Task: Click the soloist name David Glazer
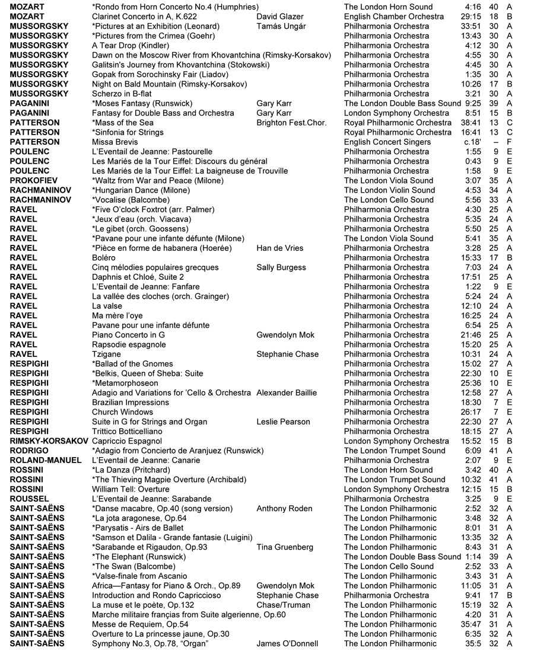(x=279, y=17)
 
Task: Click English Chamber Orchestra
(x=393, y=17)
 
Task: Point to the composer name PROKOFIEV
(x=34, y=180)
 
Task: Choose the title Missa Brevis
(x=115, y=142)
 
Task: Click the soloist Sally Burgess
(x=282, y=267)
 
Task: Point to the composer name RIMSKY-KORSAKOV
(x=49, y=441)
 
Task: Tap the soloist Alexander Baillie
(x=287, y=392)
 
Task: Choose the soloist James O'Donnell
(x=287, y=643)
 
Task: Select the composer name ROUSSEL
(x=30, y=499)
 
